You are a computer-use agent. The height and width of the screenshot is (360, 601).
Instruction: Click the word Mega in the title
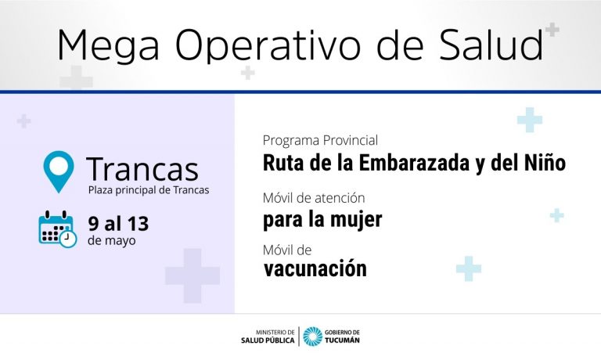click(x=108, y=45)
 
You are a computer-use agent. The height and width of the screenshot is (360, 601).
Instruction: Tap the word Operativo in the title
click(x=268, y=45)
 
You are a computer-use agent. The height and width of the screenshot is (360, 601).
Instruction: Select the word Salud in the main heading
click(x=491, y=44)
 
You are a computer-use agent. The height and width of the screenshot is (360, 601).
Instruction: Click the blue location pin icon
click(x=59, y=171)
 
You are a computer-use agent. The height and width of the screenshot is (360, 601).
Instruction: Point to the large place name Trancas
click(x=142, y=169)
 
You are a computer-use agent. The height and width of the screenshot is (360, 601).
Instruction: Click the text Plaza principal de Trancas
click(x=149, y=190)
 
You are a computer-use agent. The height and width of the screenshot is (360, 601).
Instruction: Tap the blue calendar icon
click(x=57, y=229)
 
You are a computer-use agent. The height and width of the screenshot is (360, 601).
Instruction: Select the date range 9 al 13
click(x=118, y=224)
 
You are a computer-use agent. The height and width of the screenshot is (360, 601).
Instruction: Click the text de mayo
click(x=112, y=241)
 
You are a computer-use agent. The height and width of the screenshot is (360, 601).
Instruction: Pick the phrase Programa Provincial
click(x=320, y=140)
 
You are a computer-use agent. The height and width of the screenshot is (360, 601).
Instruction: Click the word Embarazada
click(x=414, y=163)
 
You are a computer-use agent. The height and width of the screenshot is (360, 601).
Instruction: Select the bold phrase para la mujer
click(x=322, y=220)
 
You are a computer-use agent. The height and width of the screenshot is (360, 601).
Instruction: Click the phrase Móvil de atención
click(x=314, y=198)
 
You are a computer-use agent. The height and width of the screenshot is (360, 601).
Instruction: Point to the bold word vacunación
click(x=315, y=268)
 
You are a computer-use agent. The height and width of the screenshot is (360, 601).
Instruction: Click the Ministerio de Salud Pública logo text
click(x=268, y=337)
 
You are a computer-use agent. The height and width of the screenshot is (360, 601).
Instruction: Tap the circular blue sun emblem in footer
click(x=313, y=337)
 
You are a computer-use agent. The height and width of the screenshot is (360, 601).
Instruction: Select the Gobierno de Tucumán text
click(x=342, y=337)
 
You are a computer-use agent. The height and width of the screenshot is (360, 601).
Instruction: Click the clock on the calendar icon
click(x=68, y=239)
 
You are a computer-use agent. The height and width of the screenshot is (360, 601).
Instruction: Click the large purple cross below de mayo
click(x=193, y=275)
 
